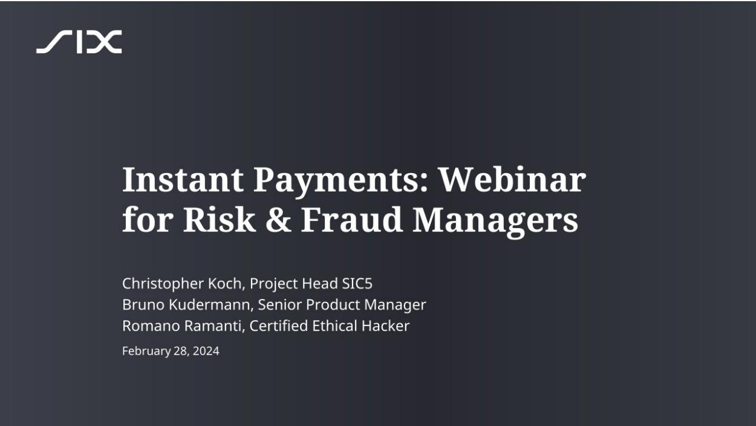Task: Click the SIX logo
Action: click(x=79, y=42)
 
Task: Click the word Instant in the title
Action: click(x=183, y=179)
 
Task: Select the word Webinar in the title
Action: click(x=512, y=179)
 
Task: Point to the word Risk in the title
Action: click(x=219, y=220)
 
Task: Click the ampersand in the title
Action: click(x=278, y=220)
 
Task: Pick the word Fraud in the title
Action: click(x=351, y=220)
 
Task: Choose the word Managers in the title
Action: click(x=495, y=222)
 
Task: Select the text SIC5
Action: click(x=357, y=284)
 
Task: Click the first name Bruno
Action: click(x=143, y=304)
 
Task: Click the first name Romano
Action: click(x=151, y=326)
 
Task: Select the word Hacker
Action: click(x=385, y=326)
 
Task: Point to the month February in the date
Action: click(x=146, y=352)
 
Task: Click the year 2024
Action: click(x=206, y=351)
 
